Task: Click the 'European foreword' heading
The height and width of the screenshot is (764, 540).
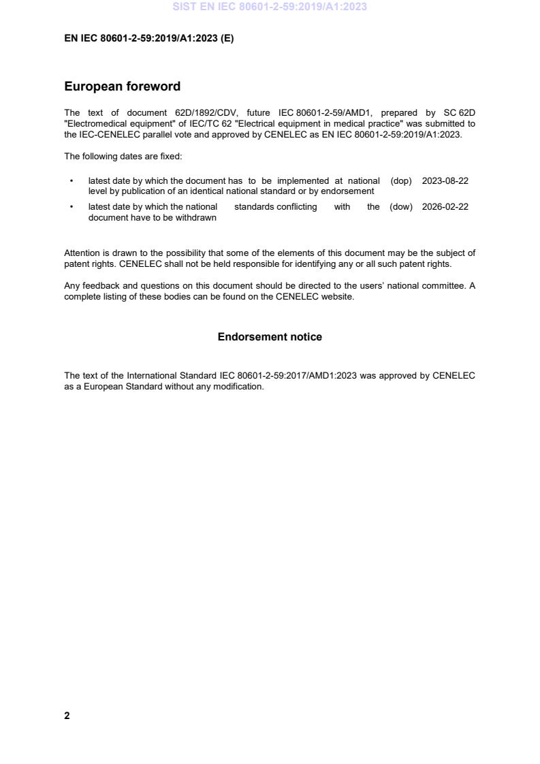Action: [x=123, y=86]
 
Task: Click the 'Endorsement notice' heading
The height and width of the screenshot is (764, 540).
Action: [x=270, y=337]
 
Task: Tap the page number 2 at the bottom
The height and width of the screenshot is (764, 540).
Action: [x=67, y=716]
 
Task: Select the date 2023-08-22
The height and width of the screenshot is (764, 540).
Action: [x=445, y=181]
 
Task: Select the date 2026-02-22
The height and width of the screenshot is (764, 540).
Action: [x=445, y=207]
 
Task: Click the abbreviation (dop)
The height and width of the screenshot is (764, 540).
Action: [x=401, y=181]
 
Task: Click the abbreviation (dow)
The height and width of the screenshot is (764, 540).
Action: [x=401, y=207]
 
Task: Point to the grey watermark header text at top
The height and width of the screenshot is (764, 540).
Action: [x=270, y=7]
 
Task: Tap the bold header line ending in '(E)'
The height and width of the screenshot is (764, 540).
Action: [x=148, y=39]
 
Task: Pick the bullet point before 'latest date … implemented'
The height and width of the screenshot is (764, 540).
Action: [x=72, y=181]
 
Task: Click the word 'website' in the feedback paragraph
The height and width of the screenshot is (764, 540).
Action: [x=337, y=297]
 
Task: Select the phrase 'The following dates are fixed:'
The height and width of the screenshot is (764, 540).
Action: [x=123, y=157]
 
